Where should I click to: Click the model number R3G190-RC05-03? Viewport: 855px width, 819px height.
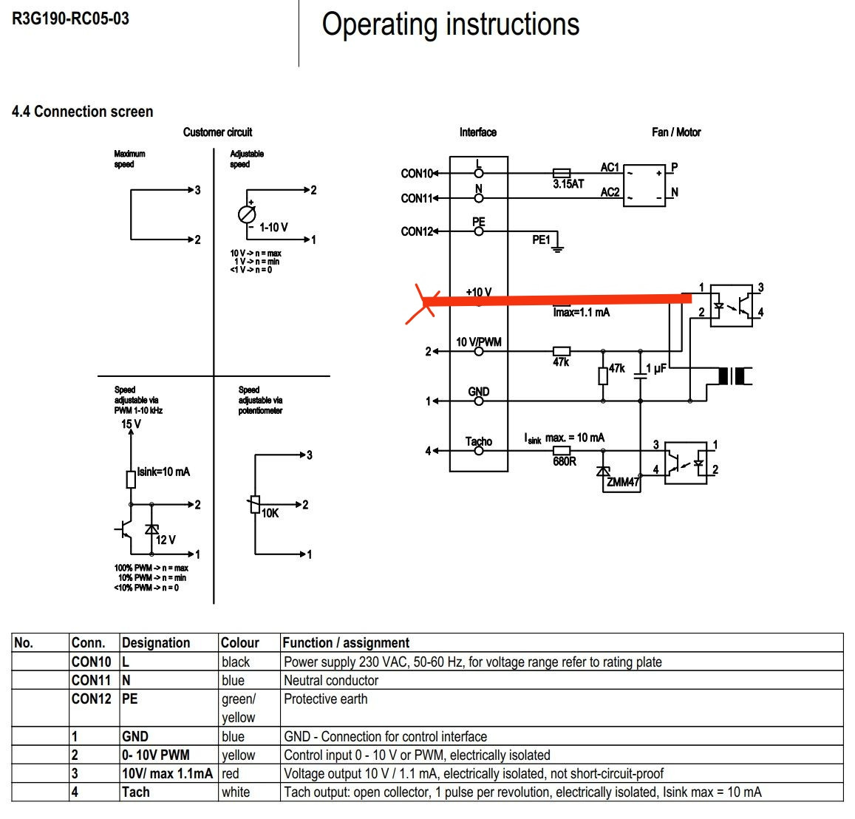click(x=70, y=18)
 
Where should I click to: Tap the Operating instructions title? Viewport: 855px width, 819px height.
click(x=450, y=24)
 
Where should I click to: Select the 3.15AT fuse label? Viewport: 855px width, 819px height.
click(x=568, y=184)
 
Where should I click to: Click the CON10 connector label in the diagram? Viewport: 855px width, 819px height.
click(x=417, y=174)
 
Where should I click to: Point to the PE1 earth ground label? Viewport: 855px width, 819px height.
click(x=541, y=240)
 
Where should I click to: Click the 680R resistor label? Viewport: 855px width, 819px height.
click(x=564, y=461)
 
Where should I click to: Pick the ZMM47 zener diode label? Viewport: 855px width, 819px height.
click(x=622, y=482)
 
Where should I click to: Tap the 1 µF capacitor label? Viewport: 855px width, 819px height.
click(x=656, y=368)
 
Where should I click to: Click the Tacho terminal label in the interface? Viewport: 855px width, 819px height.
click(x=478, y=441)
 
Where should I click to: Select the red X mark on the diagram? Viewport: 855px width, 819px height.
click(x=422, y=304)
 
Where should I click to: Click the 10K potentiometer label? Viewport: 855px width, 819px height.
click(x=270, y=513)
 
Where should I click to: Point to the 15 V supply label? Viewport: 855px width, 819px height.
click(x=131, y=424)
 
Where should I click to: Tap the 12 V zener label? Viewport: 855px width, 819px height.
click(x=166, y=540)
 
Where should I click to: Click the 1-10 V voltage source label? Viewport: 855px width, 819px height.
click(x=273, y=228)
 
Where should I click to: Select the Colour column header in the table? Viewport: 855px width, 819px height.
click(x=240, y=643)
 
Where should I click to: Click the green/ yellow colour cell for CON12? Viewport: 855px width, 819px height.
click(x=239, y=708)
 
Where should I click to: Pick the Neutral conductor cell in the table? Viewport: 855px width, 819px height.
click(x=331, y=681)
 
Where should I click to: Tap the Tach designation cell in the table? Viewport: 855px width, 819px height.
click(x=136, y=792)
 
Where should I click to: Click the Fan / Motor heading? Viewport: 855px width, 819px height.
click(x=676, y=132)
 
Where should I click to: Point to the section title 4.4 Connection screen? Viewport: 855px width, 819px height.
click(x=82, y=112)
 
